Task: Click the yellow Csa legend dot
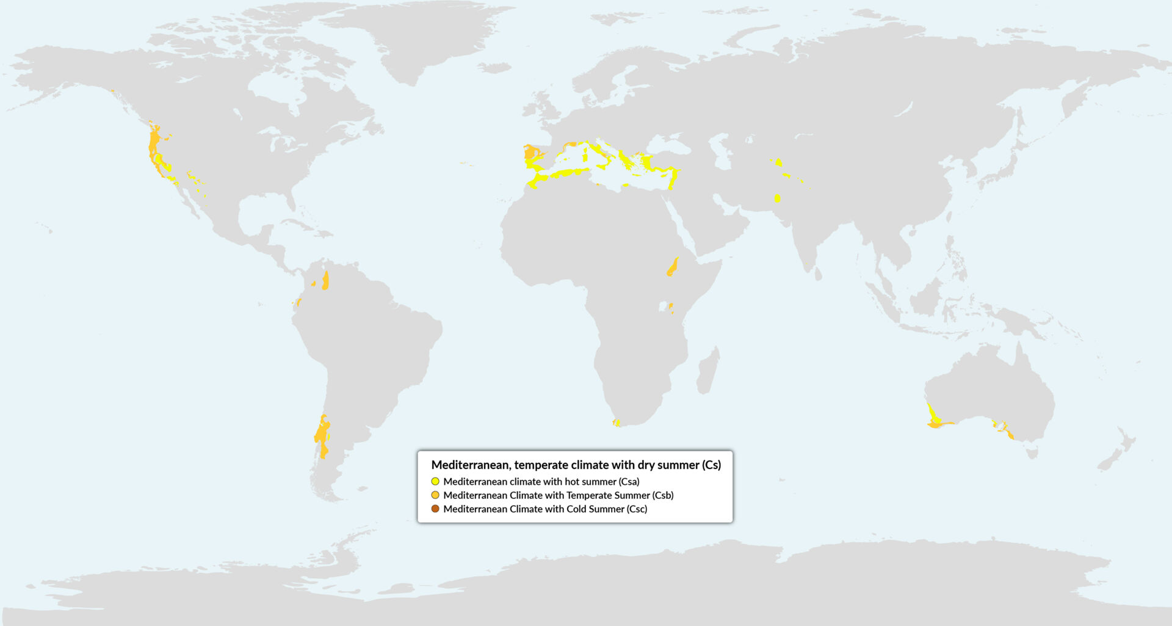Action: pos(435,481)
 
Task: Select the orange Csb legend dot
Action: pos(435,495)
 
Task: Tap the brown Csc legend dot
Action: pos(435,509)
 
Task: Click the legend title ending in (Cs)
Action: pos(576,465)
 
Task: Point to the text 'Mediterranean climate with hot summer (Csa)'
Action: pos(541,481)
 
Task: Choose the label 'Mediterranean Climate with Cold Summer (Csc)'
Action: pos(544,509)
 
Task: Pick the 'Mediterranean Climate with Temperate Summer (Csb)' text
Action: pos(558,495)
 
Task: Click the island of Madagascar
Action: pos(708,370)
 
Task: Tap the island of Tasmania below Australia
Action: pos(1032,453)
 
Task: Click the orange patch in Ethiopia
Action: pos(673,268)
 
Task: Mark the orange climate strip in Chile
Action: pos(322,435)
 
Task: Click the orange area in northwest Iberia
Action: pos(531,151)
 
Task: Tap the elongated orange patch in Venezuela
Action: pos(326,280)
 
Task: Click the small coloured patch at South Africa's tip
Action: pos(617,422)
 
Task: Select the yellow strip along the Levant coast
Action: pos(673,179)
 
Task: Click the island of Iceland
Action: pos(494,68)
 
